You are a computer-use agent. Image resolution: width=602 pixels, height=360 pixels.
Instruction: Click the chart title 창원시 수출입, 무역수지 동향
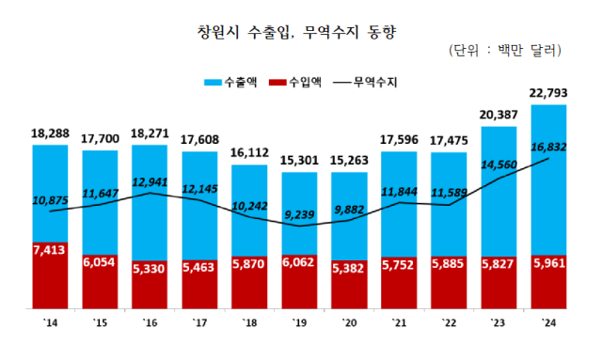point(301,32)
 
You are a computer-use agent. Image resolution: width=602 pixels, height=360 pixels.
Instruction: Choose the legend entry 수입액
point(295,83)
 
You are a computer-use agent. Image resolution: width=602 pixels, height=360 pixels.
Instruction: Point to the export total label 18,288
point(51,133)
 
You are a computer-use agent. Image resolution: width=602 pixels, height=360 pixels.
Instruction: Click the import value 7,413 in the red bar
point(51,249)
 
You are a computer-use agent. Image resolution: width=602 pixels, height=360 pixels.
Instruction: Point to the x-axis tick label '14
point(51,324)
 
